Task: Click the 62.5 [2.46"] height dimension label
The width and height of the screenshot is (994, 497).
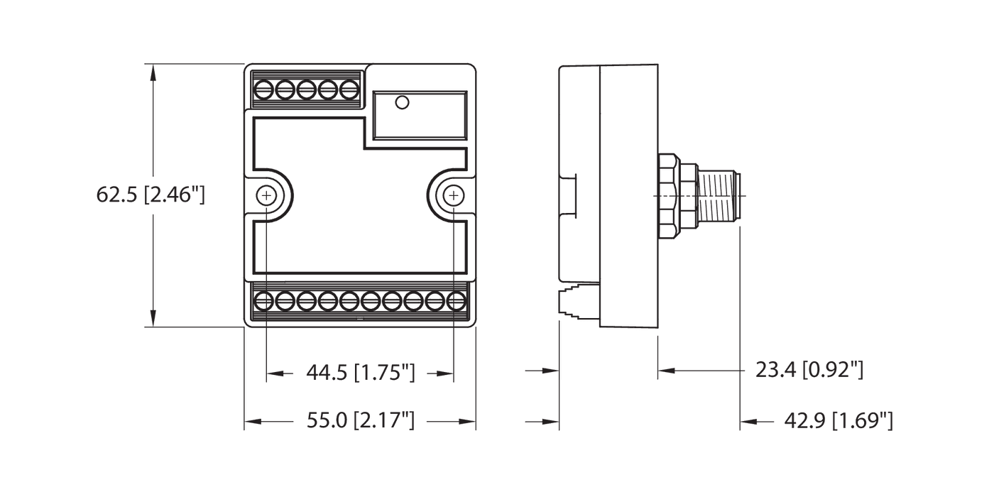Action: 151,195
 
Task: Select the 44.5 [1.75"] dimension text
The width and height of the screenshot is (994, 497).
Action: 360,372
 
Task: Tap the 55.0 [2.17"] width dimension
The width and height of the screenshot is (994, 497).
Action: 360,422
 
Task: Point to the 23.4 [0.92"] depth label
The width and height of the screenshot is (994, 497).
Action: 809,370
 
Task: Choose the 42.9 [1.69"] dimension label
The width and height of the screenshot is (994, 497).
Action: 838,422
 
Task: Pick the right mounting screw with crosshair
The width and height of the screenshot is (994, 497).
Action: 453,195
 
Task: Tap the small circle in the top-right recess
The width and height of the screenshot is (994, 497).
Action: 402,104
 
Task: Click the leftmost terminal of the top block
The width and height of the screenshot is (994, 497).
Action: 265,90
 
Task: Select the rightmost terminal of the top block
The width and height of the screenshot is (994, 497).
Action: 349,90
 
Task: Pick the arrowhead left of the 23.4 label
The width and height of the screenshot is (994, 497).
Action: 665,370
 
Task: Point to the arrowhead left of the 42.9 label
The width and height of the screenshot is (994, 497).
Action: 748,422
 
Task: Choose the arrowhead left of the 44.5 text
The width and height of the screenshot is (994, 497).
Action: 274,372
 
